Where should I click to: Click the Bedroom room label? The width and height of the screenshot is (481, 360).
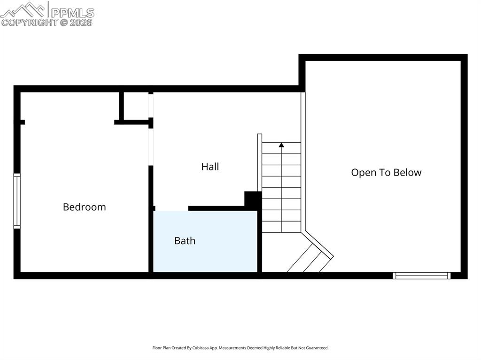coord(85,207)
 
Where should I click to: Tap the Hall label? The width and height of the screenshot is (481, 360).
coord(210,167)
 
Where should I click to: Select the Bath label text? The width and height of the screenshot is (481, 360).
coord(185,241)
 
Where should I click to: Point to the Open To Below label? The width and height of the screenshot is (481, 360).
coord(386,172)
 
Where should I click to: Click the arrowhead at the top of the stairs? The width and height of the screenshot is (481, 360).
coord(281,145)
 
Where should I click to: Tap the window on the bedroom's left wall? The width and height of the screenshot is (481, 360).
coord(17,201)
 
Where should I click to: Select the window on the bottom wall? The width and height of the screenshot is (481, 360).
coord(421,276)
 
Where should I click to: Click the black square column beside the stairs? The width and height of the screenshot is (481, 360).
coord(253,200)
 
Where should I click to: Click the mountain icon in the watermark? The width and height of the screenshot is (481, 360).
coord(23,9)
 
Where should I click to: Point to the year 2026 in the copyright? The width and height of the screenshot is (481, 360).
coord(81,22)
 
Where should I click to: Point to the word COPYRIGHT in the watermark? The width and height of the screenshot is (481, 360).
coord(29,22)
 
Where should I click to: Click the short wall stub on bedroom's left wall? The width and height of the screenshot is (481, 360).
coord(22,122)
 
